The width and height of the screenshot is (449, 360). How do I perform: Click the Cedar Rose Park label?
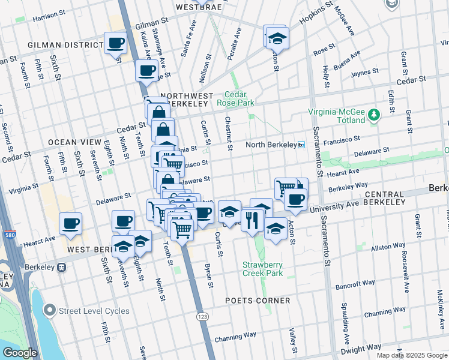tap(240, 98)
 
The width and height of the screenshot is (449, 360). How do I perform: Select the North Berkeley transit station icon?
tap(301, 145)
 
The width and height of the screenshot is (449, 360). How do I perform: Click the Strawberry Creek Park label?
tap(262, 269)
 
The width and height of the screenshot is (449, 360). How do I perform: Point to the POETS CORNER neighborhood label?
tap(258, 300)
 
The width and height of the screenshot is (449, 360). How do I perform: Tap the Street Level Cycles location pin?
tap(50, 310)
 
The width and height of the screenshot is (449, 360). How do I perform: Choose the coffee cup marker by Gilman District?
tap(115, 43)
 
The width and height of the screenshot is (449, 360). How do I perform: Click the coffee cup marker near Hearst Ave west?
tap(70, 224)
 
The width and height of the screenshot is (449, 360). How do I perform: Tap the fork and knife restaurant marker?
tap(252, 220)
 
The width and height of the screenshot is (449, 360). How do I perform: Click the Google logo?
tap(20, 353)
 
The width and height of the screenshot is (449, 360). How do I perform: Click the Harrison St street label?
tap(49, 18)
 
